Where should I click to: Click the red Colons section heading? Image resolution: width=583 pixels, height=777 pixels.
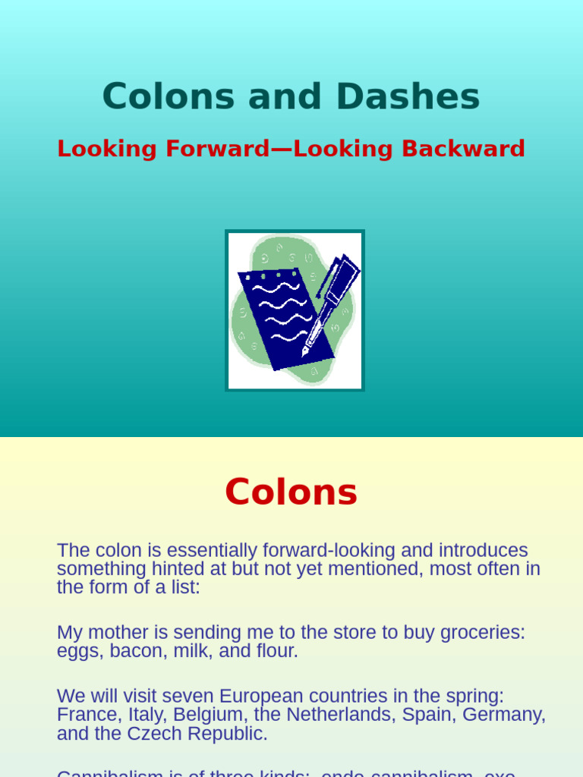pos(291,492)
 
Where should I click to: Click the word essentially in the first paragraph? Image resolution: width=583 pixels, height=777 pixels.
pos(210,551)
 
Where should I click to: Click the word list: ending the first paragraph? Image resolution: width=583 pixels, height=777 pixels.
pos(184,587)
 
